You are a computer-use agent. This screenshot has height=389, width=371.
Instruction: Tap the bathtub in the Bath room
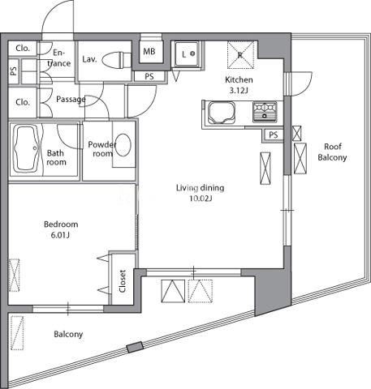(x=26, y=148)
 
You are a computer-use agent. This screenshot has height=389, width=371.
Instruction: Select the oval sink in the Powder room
(x=123, y=145)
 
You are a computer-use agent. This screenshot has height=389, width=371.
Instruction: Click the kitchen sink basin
(x=221, y=113)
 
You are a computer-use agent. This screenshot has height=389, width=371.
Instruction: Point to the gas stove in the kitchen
(x=265, y=112)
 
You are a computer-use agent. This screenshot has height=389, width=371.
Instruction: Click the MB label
(x=149, y=51)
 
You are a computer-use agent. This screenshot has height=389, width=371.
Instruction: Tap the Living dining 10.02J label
(x=201, y=193)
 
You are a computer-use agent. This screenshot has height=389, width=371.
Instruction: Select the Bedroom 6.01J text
(x=61, y=229)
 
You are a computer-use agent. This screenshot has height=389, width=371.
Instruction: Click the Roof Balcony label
(x=333, y=152)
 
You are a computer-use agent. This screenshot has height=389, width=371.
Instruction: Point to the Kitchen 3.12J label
(x=239, y=85)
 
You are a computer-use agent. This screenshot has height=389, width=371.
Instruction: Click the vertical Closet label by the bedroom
(x=123, y=281)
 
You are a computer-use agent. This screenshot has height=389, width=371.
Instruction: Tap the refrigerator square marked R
(x=240, y=55)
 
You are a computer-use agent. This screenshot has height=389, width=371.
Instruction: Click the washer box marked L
(x=187, y=54)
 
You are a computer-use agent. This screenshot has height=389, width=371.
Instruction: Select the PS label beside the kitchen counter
(x=274, y=135)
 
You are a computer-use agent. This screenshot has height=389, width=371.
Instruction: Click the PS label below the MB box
(x=149, y=76)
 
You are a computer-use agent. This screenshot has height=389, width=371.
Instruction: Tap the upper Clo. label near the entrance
(x=23, y=49)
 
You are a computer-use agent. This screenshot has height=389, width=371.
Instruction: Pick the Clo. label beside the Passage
(x=23, y=102)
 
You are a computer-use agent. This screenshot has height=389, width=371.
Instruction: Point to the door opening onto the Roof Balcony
(x=299, y=83)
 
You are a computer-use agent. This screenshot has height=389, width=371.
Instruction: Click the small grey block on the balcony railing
(x=135, y=347)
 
